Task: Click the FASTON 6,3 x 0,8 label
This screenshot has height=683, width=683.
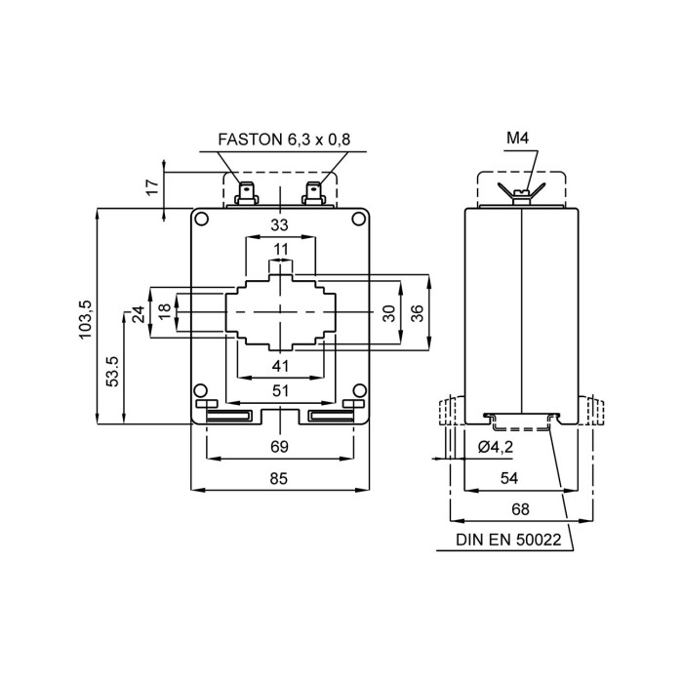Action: coord(284,141)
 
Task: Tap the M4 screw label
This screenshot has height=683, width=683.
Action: coord(517,140)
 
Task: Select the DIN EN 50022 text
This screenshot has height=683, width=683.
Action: coord(506,540)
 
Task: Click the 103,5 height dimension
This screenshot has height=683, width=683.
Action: coord(85,318)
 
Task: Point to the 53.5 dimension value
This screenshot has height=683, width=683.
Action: coord(112,371)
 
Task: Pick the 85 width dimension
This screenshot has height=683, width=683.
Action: coord(279,478)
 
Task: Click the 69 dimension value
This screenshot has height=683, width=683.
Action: coord(279,447)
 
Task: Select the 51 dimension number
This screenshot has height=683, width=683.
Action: coord(280,390)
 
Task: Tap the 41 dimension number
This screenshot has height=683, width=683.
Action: coord(280,366)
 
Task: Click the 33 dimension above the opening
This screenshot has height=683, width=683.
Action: coord(280,226)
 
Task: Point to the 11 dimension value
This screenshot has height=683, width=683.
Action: coord(280,250)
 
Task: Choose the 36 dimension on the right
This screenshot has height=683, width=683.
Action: coord(417,313)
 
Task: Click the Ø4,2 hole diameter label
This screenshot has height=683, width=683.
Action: coord(497,448)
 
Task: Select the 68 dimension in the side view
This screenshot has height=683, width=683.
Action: coord(520,509)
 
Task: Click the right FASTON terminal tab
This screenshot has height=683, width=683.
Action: coord(314,189)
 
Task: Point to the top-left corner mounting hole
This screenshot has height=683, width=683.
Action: coord(201,219)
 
